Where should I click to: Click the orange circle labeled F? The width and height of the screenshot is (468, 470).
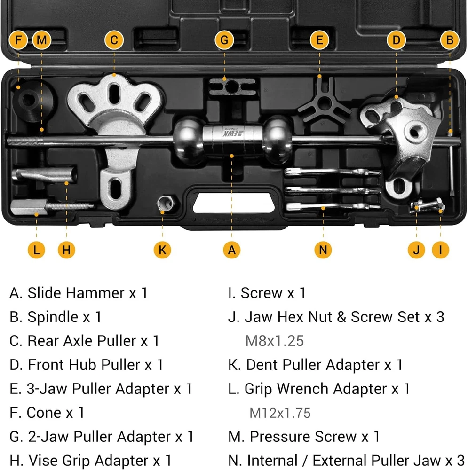coord(18,40)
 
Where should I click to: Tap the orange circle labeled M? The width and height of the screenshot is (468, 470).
coord(42,40)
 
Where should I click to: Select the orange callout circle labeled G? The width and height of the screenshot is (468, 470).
coord(224,40)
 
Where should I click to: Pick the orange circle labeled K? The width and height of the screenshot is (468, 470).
coord(162,250)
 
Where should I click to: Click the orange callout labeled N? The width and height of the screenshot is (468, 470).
coord(323,250)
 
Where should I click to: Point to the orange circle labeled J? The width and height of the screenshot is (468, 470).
coord(416,250)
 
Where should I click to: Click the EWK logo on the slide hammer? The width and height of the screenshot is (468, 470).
coord(233,132)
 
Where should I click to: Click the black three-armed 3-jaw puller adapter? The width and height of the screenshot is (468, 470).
coord(324,103)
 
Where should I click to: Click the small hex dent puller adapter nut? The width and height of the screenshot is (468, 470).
coord(165,203)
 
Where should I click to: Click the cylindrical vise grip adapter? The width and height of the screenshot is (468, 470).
coord(44,174)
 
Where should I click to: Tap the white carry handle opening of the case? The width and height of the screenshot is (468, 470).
coord(234,203)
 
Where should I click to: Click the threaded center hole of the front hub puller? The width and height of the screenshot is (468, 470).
coord(415,132)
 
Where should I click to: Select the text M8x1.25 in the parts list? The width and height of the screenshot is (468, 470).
coord(275,341)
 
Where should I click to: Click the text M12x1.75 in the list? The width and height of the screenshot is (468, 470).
coord(280,413)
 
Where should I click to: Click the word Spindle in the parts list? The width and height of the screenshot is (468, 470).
coord(53,317)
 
